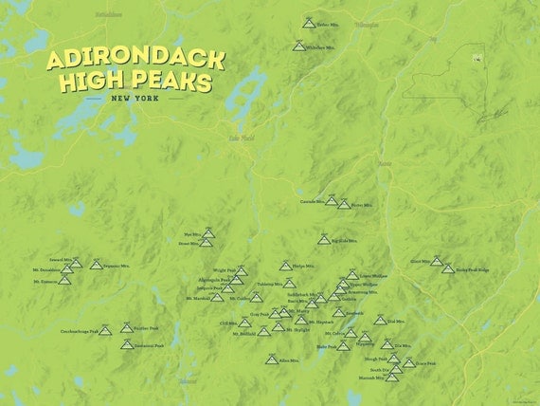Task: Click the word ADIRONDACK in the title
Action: point(135,60)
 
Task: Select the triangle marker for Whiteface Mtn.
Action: point(299,45)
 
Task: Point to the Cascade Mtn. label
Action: point(312,201)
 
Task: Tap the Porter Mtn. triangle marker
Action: point(343,204)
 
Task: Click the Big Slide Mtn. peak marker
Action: point(323,240)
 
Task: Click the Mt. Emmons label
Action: point(45,281)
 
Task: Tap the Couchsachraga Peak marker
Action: point(105,331)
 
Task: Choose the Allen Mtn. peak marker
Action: point(270,360)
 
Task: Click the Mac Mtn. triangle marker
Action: point(209,231)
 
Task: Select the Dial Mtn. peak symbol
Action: point(379,321)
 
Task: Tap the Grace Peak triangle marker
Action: point(408,362)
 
